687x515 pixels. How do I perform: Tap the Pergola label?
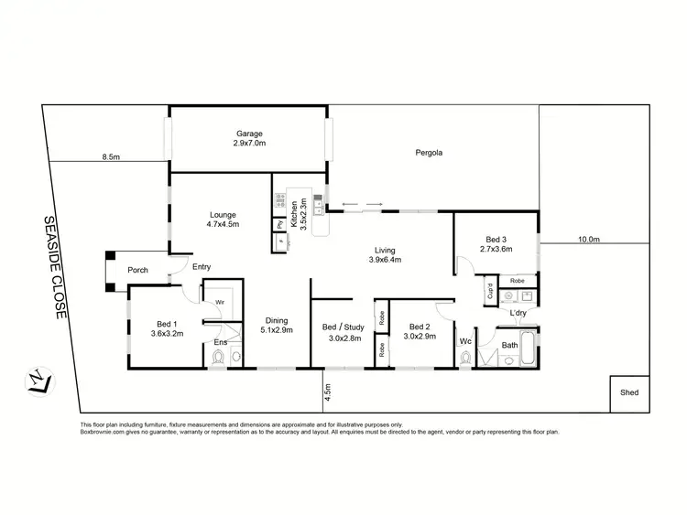pos(429,153)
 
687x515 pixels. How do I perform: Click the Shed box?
pos(628,393)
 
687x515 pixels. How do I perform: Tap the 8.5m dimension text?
pos(111,157)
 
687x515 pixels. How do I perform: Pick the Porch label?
pos(137,270)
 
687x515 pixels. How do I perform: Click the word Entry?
pos(202,267)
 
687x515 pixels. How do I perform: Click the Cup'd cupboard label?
pos(491,296)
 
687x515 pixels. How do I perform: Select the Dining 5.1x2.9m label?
pos(277,325)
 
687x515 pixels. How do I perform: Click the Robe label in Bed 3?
pos(517,280)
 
